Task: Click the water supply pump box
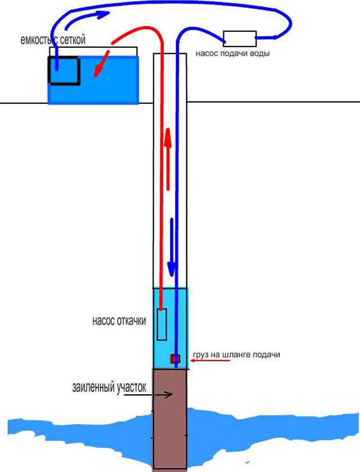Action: pos(240,39)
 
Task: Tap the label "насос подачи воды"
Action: pos(232,53)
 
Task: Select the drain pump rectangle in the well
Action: pos(162,324)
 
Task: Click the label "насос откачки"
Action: pos(119,321)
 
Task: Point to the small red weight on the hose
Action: pos(175,358)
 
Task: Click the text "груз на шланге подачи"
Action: pos(236,355)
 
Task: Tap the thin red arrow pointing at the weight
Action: pos(210,360)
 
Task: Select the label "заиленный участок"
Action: pos(109,387)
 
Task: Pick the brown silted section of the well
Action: pos(170,419)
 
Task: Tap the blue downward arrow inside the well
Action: pos(172,247)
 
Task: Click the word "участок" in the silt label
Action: pos(131,387)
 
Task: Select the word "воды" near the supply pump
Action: pos(260,53)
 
